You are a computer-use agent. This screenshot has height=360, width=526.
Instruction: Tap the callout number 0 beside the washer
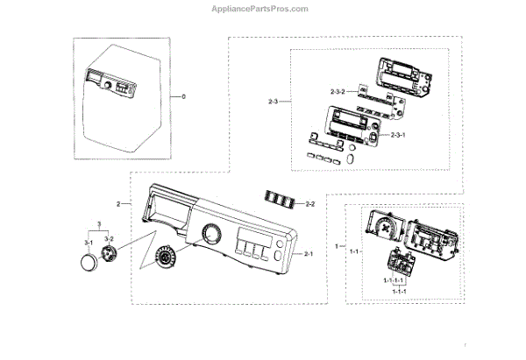(x=183, y=95)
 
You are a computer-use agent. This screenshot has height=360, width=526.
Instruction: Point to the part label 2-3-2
(x=338, y=90)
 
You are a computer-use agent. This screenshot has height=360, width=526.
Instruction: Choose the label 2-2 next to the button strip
(x=309, y=204)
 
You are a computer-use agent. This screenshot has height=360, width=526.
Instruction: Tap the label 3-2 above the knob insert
(x=110, y=238)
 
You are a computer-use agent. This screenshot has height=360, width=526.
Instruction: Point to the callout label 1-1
(x=354, y=252)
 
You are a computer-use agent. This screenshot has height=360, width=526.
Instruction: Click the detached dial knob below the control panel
(x=164, y=258)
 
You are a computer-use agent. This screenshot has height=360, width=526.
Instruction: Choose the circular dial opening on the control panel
(x=210, y=235)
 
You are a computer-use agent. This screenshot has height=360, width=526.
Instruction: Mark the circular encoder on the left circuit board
(x=385, y=226)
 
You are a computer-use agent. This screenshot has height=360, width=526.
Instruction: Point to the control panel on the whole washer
(x=107, y=84)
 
